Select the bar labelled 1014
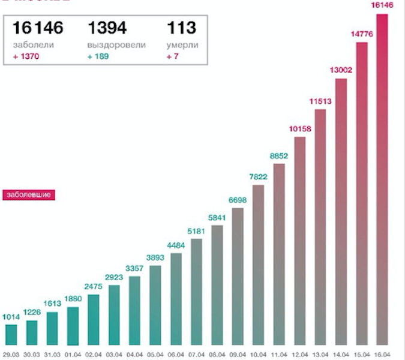coord(11,334)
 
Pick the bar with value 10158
coord(300,241)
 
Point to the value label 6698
coord(238,199)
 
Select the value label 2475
coord(93,286)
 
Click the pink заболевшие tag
coord(29,195)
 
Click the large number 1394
coord(108,28)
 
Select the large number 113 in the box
coord(181,28)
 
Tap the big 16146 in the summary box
coord(38,28)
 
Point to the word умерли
coord(182,45)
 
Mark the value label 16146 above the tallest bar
coord(382,5)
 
